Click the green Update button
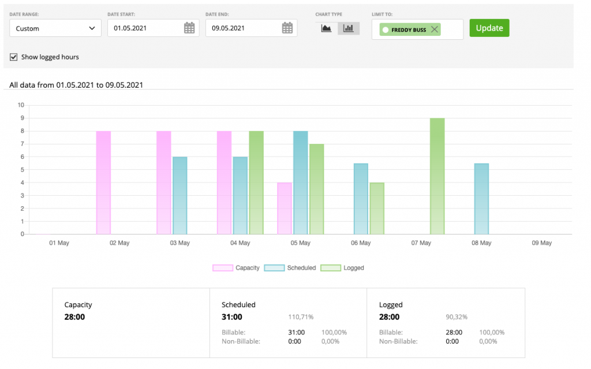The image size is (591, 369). (x=489, y=28)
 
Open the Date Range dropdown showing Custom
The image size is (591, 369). (x=55, y=28)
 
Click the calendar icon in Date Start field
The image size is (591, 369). (x=189, y=28)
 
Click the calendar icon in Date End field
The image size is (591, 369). (x=287, y=28)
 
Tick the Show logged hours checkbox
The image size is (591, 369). (x=14, y=57)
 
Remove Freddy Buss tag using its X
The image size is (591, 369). (x=435, y=29)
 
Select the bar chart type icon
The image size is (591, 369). (x=349, y=28)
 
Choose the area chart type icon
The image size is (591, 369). (x=327, y=28)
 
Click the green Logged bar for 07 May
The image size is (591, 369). (x=437, y=176)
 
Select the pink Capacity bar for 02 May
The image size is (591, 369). (x=103, y=182)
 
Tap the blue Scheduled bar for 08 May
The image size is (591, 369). (x=481, y=199)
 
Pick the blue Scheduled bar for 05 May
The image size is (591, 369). (x=301, y=182)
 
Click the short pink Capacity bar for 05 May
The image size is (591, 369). (x=285, y=208)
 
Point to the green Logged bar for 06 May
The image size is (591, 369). (x=377, y=208)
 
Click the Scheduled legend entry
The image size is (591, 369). (x=290, y=268)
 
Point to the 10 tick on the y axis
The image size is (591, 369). (x=21, y=105)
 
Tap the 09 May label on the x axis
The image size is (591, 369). (x=541, y=243)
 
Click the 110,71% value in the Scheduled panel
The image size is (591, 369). (x=301, y=317)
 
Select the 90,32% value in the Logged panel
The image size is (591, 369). (x=457, y=317)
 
